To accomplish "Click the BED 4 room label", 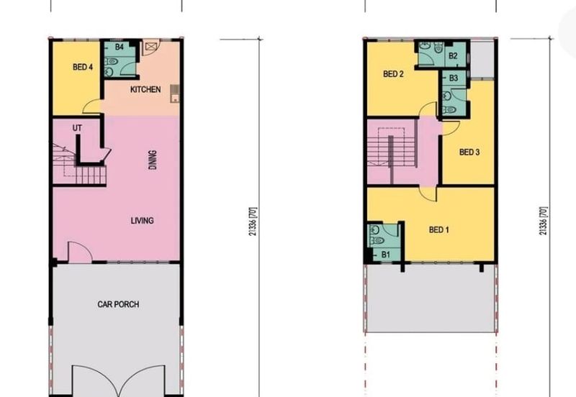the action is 83,67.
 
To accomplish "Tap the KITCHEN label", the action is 145,89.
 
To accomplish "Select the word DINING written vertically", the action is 153,160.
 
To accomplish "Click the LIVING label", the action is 142,221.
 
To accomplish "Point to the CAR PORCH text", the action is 118,304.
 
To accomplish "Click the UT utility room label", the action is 77,128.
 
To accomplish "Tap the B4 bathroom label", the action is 120,47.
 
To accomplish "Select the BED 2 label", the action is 393,74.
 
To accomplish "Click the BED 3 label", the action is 469,152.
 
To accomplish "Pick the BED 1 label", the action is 439,229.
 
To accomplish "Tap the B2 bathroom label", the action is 453,56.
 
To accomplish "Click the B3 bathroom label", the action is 454,78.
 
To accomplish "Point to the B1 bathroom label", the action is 385,255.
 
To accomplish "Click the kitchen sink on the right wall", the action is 175,93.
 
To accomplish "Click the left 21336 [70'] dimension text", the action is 253,222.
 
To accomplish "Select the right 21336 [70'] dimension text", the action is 544,221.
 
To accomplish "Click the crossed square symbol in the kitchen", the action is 150,47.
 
